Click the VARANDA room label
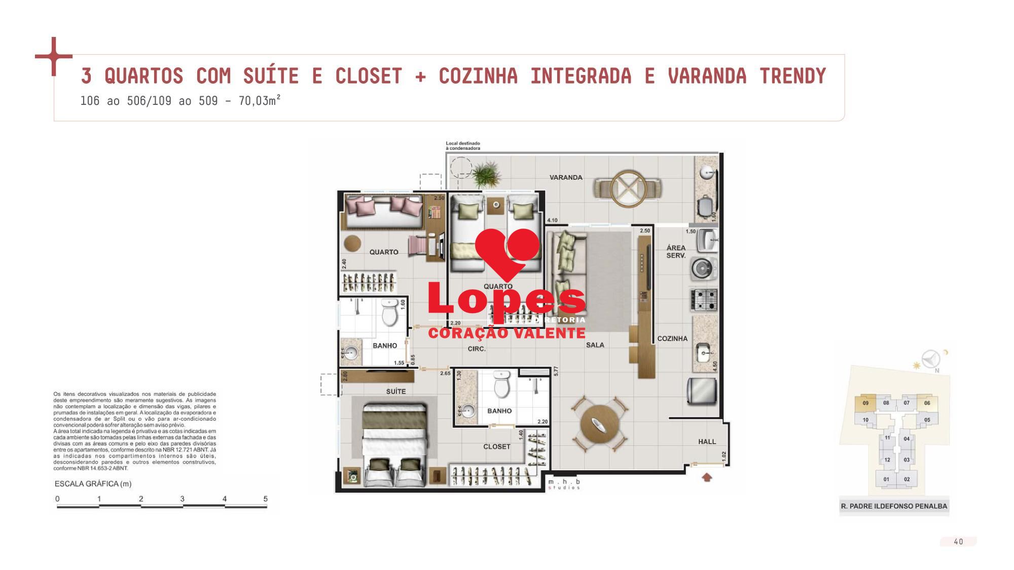tap(566, 177)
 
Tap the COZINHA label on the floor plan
tap(672, 338)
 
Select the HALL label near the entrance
tap(707, 442)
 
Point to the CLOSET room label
tap(496, 446)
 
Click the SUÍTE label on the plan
tap(396, 391)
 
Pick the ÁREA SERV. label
tap(676, 252)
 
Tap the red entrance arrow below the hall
tap(707, 477)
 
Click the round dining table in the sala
tap(598, 425)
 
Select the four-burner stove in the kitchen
tap(704, 299)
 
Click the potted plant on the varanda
tap(486, 174)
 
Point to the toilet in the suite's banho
tap(502, 386)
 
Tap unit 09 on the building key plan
tap(865, 403)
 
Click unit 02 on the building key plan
tap(907, 479)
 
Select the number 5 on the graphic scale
tap(265, 499)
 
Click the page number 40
tap(958, 542)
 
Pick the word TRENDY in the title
tap(792, 77)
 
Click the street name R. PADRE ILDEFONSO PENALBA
tap(894, 506)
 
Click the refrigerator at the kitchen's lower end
tap(702, 392)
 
